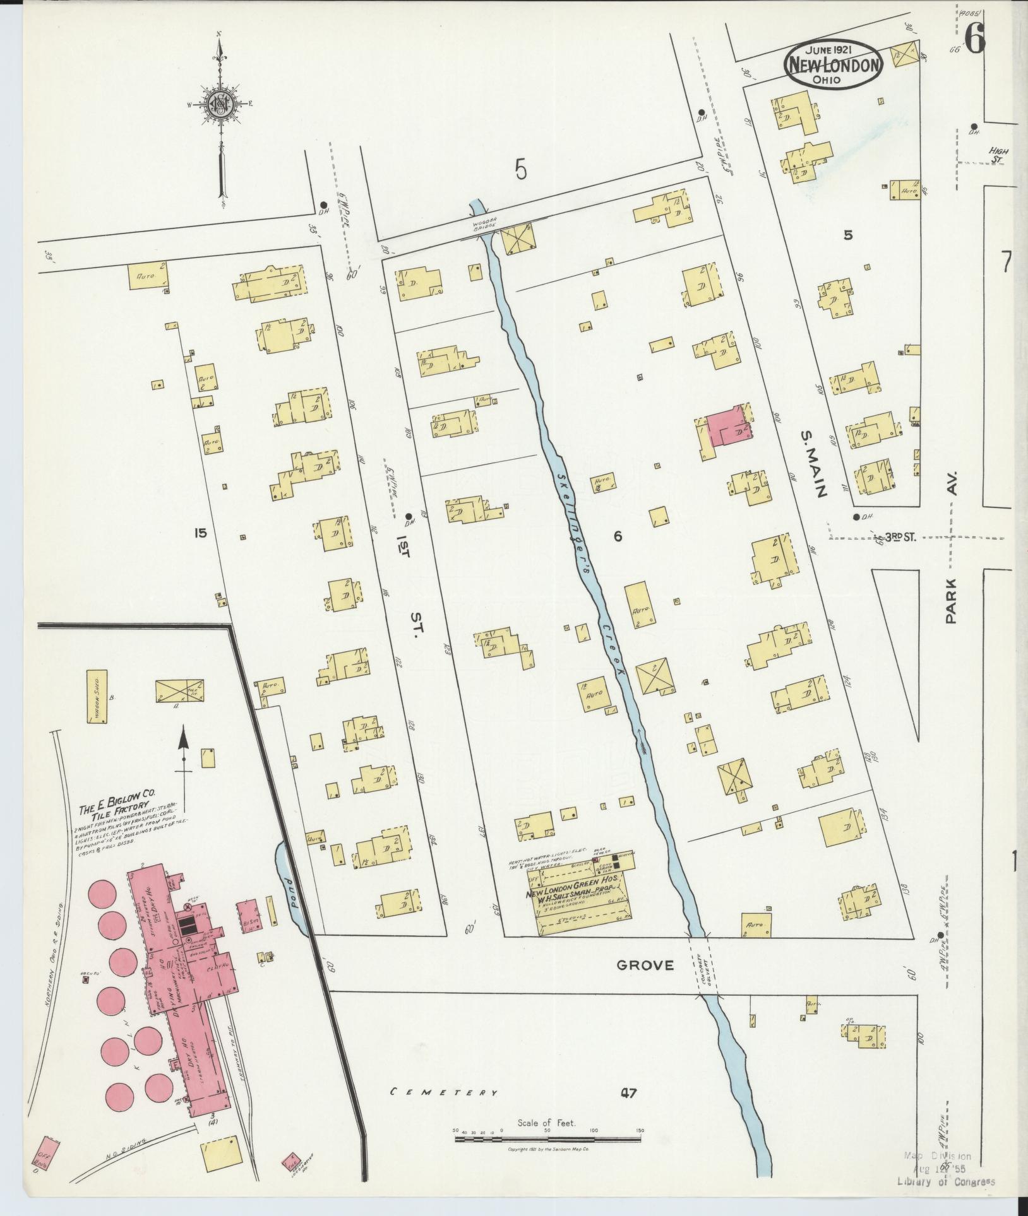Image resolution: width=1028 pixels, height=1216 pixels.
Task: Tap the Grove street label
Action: click(645, 983)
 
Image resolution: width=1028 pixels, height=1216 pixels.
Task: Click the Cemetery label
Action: click(443, 1092)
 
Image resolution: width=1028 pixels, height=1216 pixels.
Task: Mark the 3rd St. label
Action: click(900, 537)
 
